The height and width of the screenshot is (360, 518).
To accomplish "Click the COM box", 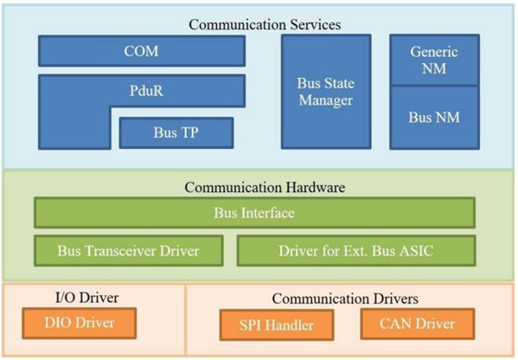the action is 142,51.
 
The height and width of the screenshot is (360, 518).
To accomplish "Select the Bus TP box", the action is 176,132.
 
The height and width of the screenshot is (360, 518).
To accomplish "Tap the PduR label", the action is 146,91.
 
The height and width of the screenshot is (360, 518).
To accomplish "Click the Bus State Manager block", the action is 326,92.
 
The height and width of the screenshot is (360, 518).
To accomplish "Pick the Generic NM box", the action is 434,60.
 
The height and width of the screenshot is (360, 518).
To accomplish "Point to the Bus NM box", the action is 434,118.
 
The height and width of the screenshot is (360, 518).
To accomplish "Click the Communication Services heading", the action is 265,25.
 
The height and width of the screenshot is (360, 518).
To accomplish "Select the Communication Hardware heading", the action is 265,188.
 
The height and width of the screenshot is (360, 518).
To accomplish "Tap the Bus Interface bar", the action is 255,213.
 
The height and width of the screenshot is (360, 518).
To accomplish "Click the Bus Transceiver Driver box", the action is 129,251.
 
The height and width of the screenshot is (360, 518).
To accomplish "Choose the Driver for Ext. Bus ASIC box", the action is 356,251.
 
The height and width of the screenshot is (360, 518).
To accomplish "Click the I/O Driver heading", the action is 86,298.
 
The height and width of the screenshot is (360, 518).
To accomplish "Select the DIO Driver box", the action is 80,323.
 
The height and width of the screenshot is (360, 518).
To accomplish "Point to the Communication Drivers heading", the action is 345,299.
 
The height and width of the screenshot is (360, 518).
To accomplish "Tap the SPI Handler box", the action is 277,325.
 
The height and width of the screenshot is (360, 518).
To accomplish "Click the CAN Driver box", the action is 418,324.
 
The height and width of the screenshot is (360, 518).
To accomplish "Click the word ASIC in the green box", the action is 416,251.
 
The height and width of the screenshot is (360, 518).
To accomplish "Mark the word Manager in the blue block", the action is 326,100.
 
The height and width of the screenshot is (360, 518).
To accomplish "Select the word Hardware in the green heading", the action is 316,188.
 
